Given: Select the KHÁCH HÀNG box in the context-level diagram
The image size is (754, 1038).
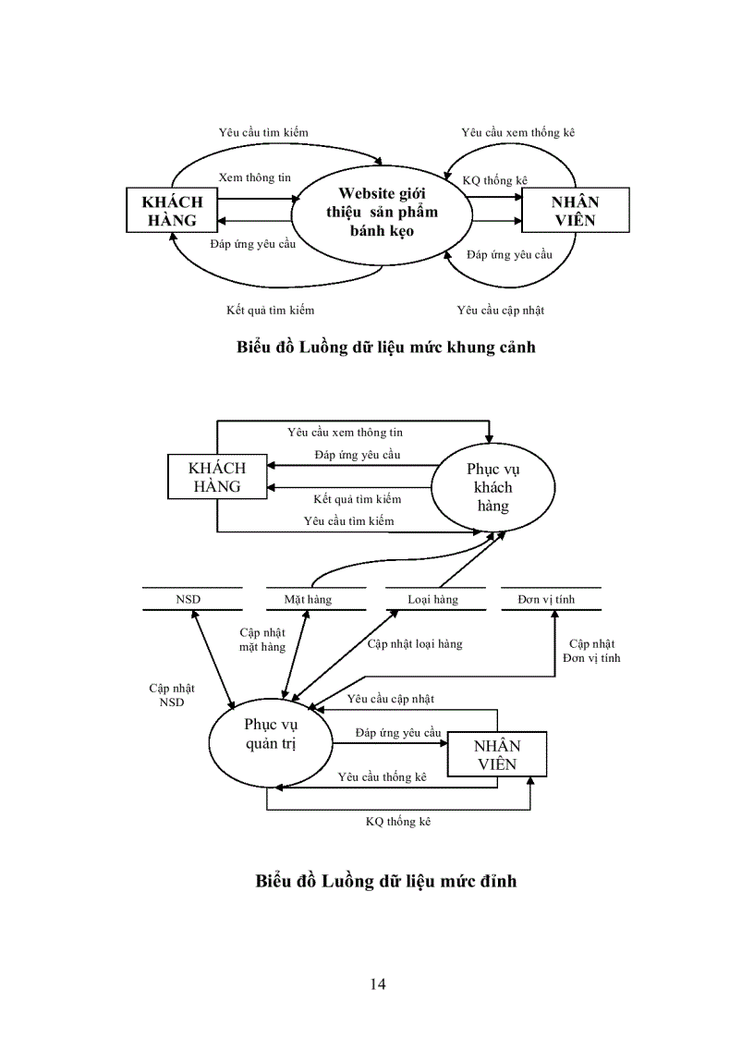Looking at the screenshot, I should pyautogui.click(x=172, y=212).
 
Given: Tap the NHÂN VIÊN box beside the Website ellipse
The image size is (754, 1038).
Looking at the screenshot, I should pyautogui.click(x=575, y=212).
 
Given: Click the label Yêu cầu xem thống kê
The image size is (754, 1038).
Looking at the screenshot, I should pyautogui.click(x=517, y=133).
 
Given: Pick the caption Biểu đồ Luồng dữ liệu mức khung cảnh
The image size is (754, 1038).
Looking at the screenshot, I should pyautogui.click(x=386, y=348).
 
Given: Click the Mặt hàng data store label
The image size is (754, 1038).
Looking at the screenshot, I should pyautogui.click(x=308, y=600).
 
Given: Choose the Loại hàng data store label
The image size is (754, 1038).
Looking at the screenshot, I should pyautogui.click(x=432, y=600).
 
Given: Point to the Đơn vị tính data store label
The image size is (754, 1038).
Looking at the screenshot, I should pyautogui.click(x=546, y=600).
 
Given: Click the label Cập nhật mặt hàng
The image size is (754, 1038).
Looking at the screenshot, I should pyautogui.click(x=262, y=640).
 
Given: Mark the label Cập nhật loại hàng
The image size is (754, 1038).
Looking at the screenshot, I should pyautogui.click(x=415, y=644).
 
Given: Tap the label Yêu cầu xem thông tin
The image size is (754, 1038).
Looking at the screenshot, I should pyautogui.click(x=345, y=433).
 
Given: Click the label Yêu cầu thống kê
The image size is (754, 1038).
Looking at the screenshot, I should pyautogui.click(x=382, y=777).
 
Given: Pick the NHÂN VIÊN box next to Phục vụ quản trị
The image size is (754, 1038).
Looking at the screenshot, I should pyautogui.click(x=496, y=754).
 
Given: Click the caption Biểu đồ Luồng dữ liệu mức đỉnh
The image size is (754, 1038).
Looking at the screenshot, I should pyautogui.click(x=386, y=881).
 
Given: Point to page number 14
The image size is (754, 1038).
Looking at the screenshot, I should pyautogui.click(x=377, y=983).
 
